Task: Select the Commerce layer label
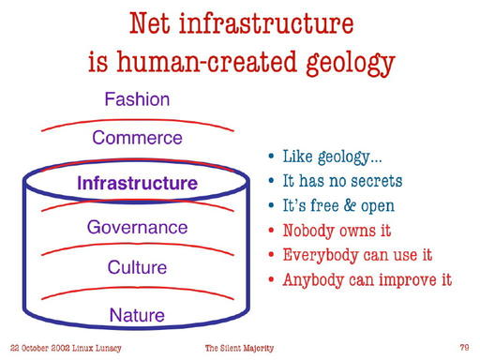[x=137, y=139]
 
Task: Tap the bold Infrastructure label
[x=137, y=183]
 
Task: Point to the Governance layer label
[x=137, y=227]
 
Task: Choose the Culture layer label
[x=137, y=267]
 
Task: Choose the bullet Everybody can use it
[x=357, y=254]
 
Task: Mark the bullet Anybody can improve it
[x=367, y=279]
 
